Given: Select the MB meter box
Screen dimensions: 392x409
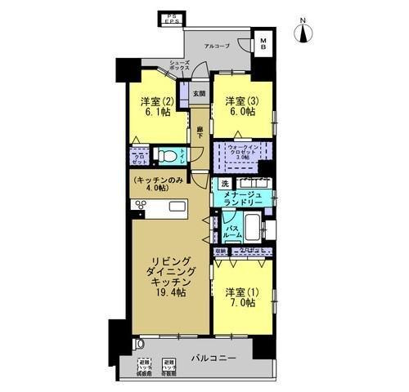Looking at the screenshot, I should tap(267, 42).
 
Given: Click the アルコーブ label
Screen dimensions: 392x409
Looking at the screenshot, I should tap(217, 46).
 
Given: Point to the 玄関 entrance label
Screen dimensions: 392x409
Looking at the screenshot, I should tap(199, 92).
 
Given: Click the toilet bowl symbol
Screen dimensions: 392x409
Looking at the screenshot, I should tap(164, 154).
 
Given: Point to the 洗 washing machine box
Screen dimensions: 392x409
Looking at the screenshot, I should tap(223, 183).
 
